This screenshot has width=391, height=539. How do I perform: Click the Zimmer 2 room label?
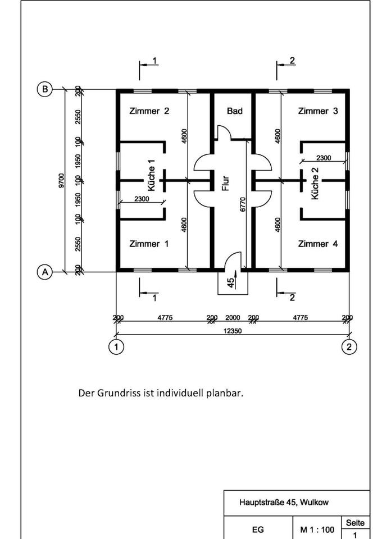pos(149,111)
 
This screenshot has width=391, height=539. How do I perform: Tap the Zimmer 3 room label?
pos(318,111)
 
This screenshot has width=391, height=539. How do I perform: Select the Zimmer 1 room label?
pos(149,244)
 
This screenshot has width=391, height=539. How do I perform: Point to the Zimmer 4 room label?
pos(318,244)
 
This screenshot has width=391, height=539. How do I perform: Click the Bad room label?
pos(235,111)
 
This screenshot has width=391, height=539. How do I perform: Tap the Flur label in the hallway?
pos(225,183)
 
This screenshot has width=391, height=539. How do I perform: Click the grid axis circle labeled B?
pos(44,89)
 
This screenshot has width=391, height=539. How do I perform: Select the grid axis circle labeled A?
pos(44,272)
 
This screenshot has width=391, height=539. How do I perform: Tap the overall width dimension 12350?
pos(233,331)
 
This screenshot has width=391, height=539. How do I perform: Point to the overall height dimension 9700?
pos(61,181)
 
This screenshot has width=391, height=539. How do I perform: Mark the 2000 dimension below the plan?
pos(233,318)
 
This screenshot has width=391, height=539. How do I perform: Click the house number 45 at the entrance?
pos(230,282)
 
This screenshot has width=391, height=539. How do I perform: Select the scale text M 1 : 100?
pos(317,529)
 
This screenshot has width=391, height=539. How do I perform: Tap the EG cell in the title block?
pos(258,529)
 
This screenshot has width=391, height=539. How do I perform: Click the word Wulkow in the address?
pos(317,503)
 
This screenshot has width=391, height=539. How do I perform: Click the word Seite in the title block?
pos(355,523)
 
